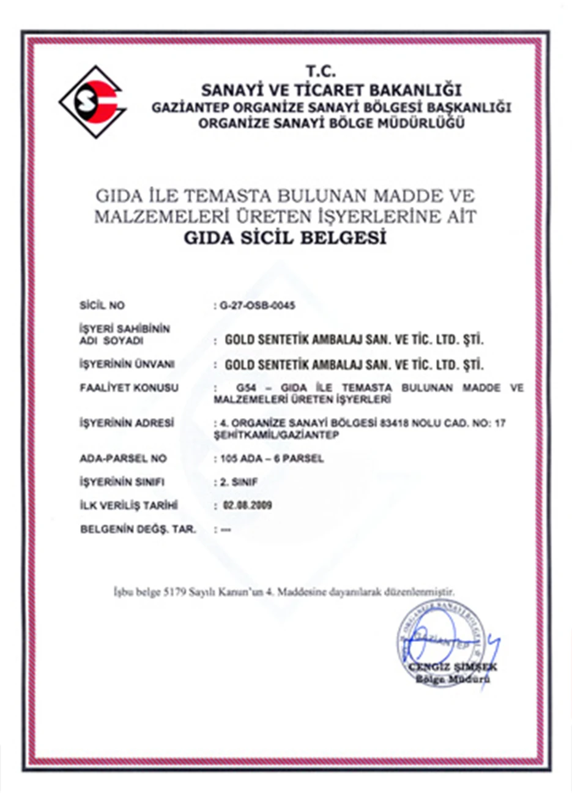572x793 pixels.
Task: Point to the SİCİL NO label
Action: tap(102, 305)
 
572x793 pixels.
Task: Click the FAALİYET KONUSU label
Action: tap(128, 388)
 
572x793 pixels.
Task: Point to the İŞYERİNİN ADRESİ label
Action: tap(127, 423)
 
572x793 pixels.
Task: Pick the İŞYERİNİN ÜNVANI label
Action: tap(127, 365)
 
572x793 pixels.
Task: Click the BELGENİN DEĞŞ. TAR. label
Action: tap(138, 529)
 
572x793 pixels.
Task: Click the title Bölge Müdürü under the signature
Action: tap(453, 679)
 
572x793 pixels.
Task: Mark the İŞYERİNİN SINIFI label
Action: tap(122, 482)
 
